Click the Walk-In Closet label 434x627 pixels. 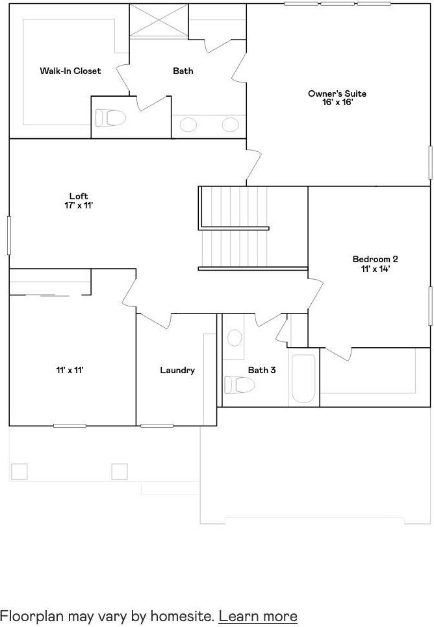pyautogui.click(x=70, y=71)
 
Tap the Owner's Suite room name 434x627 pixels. pyautogui.click(x=337, y=93)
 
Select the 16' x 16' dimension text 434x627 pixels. pyautogui.click(x=337, y=103)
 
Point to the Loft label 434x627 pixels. pyautogui.click(x=79, y=196)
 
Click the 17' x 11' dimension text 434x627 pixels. pyautogui.click(x=79, y=206)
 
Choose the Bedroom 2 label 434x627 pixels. pyautogui.click(x=375, y=259)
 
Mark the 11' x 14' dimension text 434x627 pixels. pyautogui.click(x=375, y=269)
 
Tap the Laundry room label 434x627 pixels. pyautogui.click(x=177, y=370)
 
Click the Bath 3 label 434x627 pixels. pyautogui.click(x=262, y=370)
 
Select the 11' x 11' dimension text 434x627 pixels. pyautogui.click(x=70, y=370)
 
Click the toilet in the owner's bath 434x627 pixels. pyautogui.click(x=111, y=118)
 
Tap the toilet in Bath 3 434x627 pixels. pyautogui.click(x=240, y=385)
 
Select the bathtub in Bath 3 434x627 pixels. pyautogui.click(x=303, y=378)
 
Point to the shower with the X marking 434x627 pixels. pyautogui.click(x=159, y=20)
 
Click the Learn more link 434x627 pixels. pyautogui.click(x=258, y=616)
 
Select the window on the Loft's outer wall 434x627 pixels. pyautogui.click(x=8, y=236)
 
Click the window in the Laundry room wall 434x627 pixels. pyautogui.click(x=157, y=426)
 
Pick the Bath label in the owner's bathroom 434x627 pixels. pyautogui.click(x=183, y=71)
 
